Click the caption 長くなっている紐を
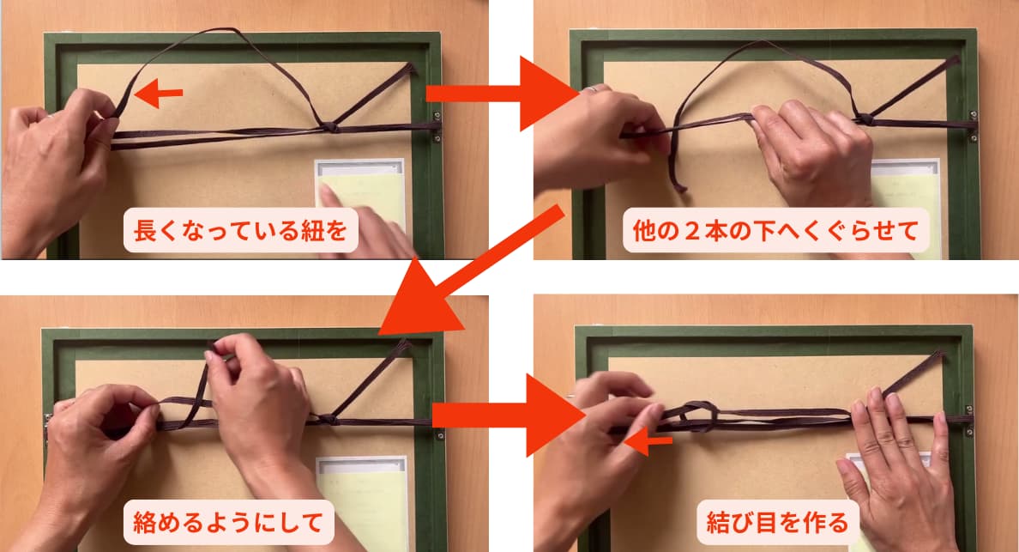(240, 230)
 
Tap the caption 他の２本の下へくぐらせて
(776, 230)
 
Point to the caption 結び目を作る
(777, 522)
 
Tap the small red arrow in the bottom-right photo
(648, 442)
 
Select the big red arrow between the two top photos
(503, 94)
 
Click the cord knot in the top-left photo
(330, 127)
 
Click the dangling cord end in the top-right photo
(677, 174)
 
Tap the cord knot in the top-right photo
(865, 119)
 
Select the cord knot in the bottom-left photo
(329, 419)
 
